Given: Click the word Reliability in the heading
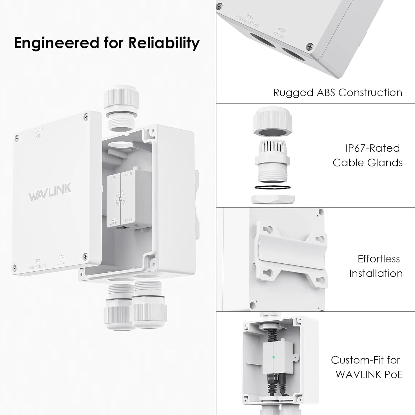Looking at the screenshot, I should click(164, 43).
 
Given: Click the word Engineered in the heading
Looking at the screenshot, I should click(56, 43).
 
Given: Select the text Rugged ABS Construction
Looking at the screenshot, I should click(338, 93).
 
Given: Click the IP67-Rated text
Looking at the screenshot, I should click(372, 148).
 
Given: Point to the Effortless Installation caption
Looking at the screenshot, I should click(376, 266).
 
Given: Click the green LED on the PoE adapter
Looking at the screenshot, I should click(274, 357).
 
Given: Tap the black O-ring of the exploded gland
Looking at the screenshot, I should click(273, 188).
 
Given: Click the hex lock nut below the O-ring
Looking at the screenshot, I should click(273, 199).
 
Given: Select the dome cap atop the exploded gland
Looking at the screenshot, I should click(273, 122).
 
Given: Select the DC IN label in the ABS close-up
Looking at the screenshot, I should click(280, 33).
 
